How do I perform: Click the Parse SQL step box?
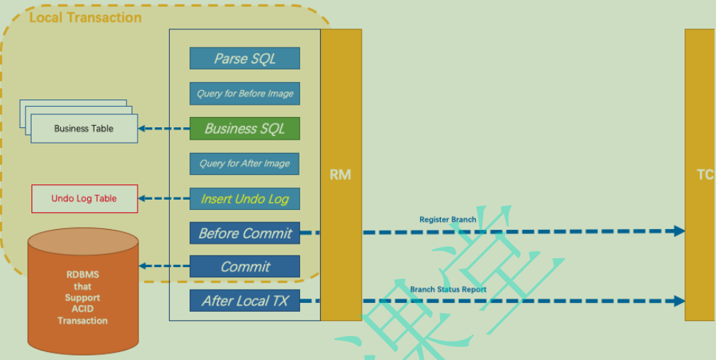[x=245, y=59]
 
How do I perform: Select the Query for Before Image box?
[x=245, y=94]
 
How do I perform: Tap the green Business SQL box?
[x=245, y=129]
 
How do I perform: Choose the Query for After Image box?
[x=245, y=164]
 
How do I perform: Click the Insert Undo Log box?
[x=245, y=199]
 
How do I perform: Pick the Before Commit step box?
[x=245, y=233]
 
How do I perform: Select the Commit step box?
[x=245, y=267]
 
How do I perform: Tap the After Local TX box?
[x=245, y=301]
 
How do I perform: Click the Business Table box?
[x=83, y=129]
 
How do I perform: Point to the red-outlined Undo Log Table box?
[x=84, y=198]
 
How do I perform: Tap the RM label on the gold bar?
[x=340, y=175]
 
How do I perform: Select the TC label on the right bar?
[x=704, y=175]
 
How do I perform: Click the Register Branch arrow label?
[x=447, y=220]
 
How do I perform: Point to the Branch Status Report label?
[x=448, y=290]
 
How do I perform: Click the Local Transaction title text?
[x=85, y=17]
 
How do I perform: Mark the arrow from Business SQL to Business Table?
[x=164, y=129]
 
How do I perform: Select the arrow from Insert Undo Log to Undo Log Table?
[x=164, y=198]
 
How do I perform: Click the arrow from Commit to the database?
[x=164, y=266]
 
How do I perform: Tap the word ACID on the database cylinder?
[x=82, y=309]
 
